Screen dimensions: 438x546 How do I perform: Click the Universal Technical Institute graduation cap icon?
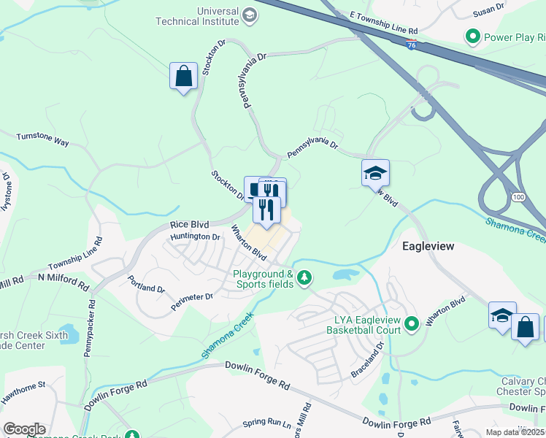tap(250, 15)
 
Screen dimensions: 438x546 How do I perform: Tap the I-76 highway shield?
tap(412, 46)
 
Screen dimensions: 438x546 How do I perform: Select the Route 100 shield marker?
tap(518, 197)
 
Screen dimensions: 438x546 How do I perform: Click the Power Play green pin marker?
tap(473, 36)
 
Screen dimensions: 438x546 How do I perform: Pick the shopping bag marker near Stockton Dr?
tap(183, 76)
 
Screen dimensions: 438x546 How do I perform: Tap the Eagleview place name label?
tap(428, 247)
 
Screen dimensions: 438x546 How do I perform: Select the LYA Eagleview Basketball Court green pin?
tap(411, 323)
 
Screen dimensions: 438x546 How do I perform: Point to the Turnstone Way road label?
tap(42, 139)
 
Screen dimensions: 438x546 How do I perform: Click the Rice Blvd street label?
tap(189, 226)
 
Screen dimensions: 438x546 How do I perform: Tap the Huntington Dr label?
tap(195, 237)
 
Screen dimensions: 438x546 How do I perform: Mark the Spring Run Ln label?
tap(266, 423)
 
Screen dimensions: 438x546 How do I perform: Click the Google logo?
tap(24, 429)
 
